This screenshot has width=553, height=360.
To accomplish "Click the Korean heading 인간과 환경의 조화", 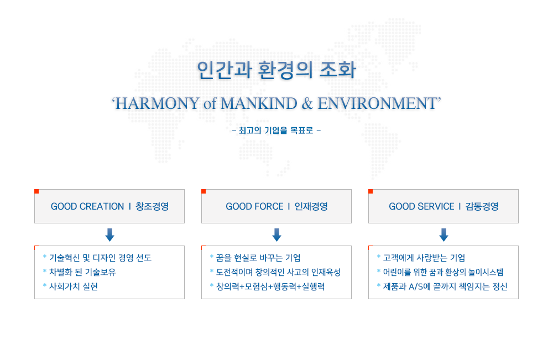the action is point(276,70).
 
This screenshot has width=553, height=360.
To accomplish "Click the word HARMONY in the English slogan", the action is point(158,103).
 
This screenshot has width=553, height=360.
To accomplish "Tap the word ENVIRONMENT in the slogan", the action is point(377,103).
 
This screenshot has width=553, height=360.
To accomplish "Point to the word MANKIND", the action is point(259,103).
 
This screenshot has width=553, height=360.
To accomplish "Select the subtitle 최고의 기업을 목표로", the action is point(276,131).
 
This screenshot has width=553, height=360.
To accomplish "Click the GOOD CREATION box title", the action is point(109,206).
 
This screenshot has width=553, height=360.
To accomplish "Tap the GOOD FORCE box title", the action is point(276,206).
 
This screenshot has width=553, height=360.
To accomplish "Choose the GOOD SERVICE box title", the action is point(444,206).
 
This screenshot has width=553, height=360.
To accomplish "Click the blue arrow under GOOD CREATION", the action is point(109,235).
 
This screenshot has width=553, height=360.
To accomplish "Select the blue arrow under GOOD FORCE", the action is point(277,235).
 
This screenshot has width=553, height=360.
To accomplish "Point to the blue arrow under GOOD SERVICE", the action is point(444,235).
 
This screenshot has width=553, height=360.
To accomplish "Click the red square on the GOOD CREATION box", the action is point(36,191).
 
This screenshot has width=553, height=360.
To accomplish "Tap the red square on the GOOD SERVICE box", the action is point(371,191).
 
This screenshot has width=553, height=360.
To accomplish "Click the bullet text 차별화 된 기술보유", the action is point(82,272).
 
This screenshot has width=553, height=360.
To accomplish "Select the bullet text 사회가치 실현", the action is point(74,286).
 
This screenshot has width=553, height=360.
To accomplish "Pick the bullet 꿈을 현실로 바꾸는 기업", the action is point(258,258).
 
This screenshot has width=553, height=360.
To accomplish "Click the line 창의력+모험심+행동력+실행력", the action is point(270,286).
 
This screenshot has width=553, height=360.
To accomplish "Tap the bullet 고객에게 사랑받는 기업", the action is point(424,258).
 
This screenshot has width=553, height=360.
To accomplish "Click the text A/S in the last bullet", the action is point(416,286).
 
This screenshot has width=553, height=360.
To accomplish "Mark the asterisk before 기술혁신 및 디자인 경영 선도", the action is point(45,257).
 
